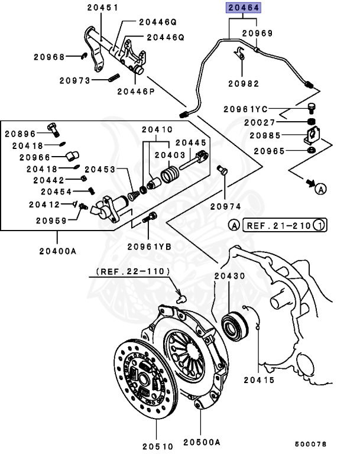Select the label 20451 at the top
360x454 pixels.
coord(102,8)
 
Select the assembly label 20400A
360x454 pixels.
coord(57,251)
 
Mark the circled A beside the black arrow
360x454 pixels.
coord(320,189)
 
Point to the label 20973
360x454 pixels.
coord(75,80)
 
